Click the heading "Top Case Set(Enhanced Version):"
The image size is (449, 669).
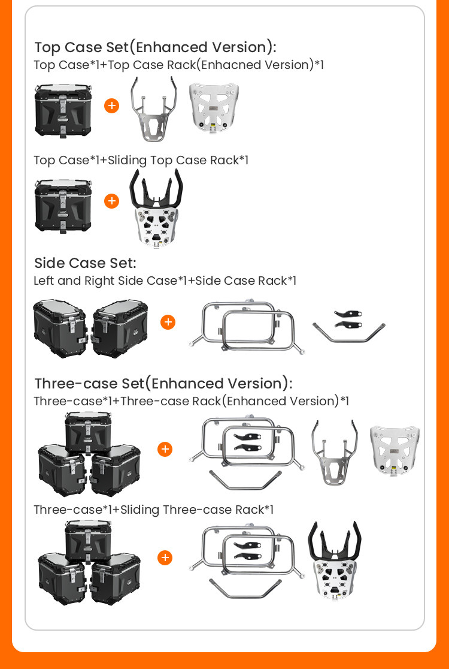pos(155,47)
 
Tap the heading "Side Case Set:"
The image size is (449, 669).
pos(85,263)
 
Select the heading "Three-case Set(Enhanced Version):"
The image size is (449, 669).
pos(163,384)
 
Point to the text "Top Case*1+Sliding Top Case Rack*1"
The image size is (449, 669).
pos(141,161)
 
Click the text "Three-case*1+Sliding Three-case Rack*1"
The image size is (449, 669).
pos(153,510)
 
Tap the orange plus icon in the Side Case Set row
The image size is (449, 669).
pos(168,322)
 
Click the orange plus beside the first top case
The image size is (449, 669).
pos(111,106)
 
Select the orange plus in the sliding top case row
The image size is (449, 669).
pos(111,201)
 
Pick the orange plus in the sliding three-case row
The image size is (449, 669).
pos(165,557)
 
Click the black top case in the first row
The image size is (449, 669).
pos(63,111)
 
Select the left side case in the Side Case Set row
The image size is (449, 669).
pos(60,328)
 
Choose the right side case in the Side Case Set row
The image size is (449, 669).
pos(120,328)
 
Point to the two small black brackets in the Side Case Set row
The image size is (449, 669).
pos(348,319)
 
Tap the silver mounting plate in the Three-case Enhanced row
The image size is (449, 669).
pos(395,450)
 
